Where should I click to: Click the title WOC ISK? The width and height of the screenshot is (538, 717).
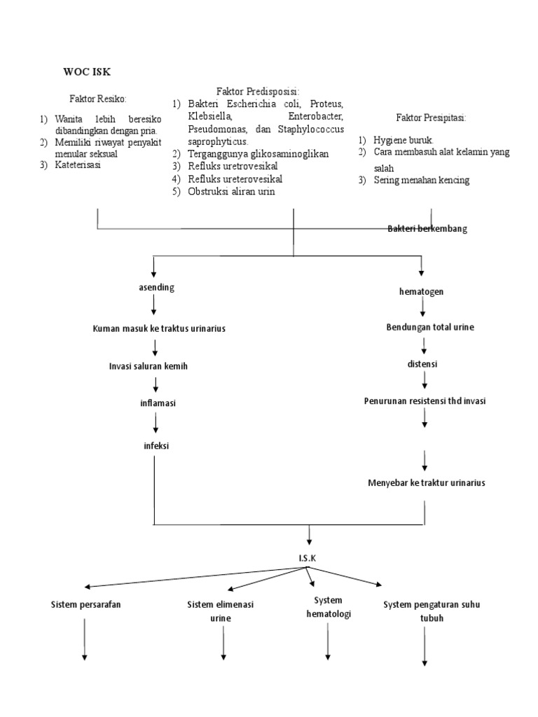point(86,71)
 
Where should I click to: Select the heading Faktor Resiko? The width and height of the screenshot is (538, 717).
point(97,98)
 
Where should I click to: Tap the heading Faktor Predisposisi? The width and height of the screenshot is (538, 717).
point(258,91)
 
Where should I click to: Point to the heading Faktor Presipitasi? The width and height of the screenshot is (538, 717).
point(431,117)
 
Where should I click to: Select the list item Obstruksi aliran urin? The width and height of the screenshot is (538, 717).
point(231,191)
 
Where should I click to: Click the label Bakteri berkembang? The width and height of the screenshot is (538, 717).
point(427,229)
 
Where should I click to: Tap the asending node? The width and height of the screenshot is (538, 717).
point(156,287)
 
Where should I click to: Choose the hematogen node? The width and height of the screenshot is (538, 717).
point(420,291)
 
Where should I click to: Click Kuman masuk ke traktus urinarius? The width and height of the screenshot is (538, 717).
point(159,328)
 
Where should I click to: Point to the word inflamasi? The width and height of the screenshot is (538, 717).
point(156,404)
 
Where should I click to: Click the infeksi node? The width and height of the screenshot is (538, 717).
point(156,445)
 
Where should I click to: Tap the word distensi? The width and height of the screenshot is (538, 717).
point(423,364)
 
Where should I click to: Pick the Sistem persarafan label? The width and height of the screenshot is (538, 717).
point(85,604)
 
